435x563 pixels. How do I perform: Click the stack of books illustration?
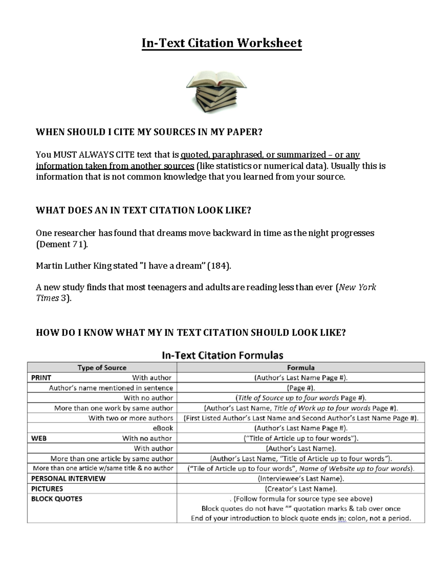click(216, 92)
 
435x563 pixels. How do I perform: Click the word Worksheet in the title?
click(269, 43)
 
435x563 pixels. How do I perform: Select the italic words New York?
click(357, 287)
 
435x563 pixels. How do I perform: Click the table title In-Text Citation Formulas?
click(222, 355)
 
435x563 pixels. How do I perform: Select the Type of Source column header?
click(102, 368)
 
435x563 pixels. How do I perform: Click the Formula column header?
click(301, 368)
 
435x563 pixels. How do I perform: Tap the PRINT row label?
click(41, 378)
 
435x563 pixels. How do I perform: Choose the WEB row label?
click(39, 438)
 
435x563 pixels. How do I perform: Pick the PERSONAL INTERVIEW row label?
click(68, 479)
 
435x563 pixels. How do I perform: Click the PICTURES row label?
click(47, 489)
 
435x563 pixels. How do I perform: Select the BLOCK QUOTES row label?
click(57, 499)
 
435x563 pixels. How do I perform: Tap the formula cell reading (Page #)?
click(301, 388)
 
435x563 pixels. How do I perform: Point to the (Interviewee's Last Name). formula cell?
click(301, 479)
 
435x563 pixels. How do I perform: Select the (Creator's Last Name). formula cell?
click(301, 489)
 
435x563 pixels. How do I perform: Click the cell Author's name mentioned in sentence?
click(111, 388)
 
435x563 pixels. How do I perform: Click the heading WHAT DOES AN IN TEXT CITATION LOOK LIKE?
click(144, 211)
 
